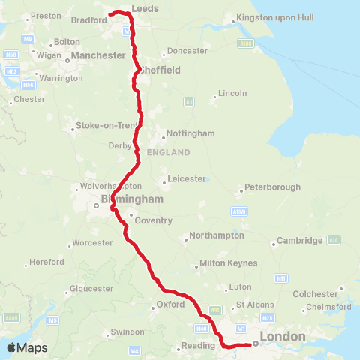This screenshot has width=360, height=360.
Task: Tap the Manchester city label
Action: (97, 55)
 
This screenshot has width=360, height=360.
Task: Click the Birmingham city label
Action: (132, 199)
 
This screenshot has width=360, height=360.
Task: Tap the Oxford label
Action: (169, 304)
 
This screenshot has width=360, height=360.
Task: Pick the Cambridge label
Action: (300, 240)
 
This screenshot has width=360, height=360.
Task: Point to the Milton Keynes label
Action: (228, 263)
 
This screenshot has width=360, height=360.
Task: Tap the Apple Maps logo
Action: (27, 347)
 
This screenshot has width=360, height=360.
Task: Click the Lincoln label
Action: (231, 94)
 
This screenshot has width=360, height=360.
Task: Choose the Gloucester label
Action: (91, 288)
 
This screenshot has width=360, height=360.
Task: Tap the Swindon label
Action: (127, 331)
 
